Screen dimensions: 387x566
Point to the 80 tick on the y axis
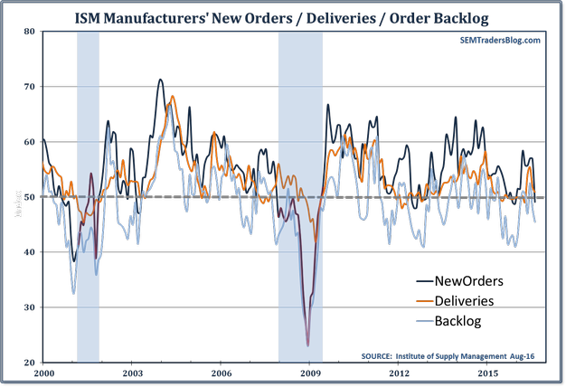29,32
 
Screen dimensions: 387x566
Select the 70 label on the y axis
29,87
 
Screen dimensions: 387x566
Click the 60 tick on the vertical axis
29,142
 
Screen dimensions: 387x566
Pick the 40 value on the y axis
29,252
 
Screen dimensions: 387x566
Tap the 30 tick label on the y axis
29,307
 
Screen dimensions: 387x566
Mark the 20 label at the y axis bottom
29,363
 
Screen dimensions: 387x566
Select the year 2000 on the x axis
44,373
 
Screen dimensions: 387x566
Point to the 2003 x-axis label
133,373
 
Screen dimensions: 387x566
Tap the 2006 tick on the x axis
222,373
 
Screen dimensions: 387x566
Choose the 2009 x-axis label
310,373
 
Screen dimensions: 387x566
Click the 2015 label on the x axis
487,373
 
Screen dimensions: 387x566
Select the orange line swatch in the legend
424,301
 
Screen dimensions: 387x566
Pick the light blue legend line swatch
424,321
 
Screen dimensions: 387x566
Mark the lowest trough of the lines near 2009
307,345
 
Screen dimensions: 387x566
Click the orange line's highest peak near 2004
172,95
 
